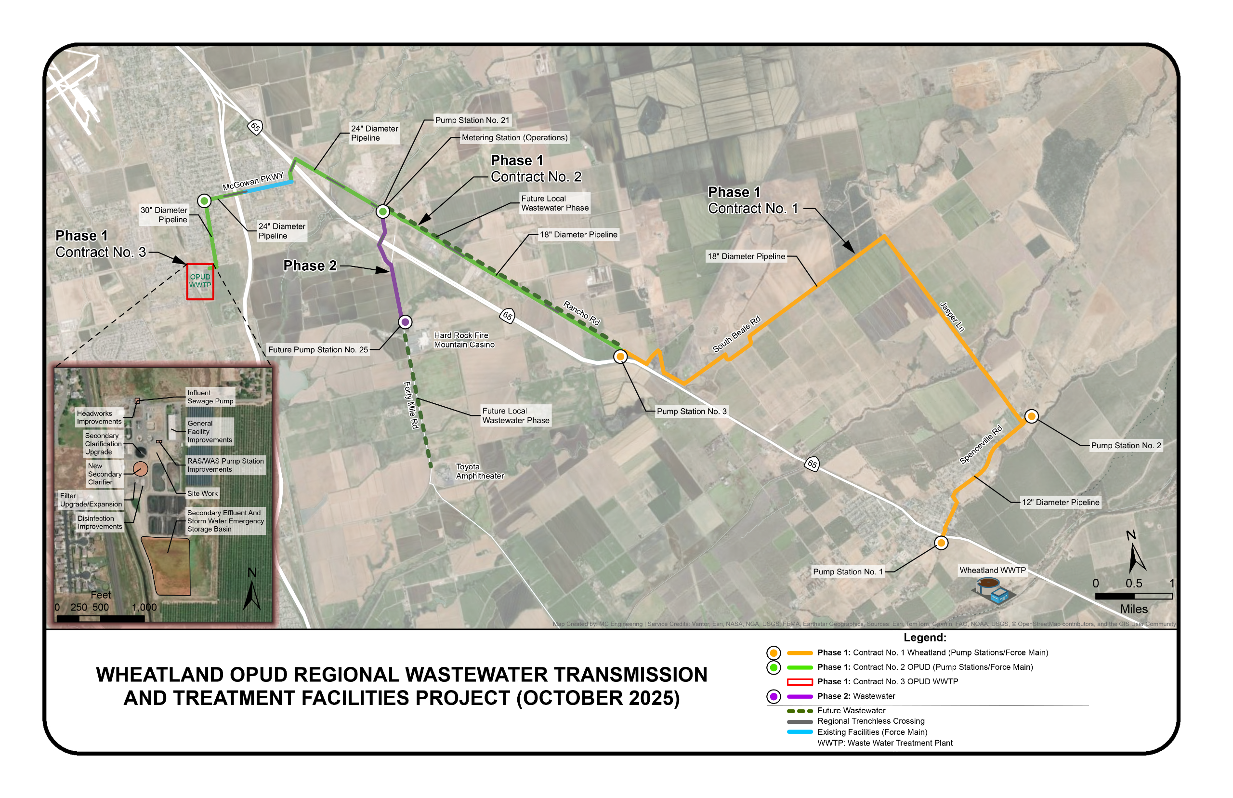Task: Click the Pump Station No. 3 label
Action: point(691,412)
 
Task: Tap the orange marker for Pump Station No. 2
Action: point(1031,416)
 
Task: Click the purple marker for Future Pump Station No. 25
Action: point(405,322)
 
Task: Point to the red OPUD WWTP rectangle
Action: point(200,281)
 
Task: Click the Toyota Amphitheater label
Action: point(480,471)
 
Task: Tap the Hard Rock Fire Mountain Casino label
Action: point(464,340)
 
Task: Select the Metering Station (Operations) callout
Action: point(514,138)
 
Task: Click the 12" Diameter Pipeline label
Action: point(1060,502)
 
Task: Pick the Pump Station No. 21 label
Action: point(472,120)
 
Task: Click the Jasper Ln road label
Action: point(952,316)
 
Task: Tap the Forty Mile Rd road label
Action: point(411,405)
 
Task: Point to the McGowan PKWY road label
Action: point(253,181)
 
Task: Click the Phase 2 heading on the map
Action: point(310,266)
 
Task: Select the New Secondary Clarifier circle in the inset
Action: point(140,469)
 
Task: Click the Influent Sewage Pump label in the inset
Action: point(210,397)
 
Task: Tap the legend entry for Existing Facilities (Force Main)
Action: point(872,732)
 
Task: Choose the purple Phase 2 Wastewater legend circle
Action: point(773,696)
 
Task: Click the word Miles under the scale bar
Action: point(1134,610)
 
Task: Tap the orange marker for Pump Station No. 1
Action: point(941,543)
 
